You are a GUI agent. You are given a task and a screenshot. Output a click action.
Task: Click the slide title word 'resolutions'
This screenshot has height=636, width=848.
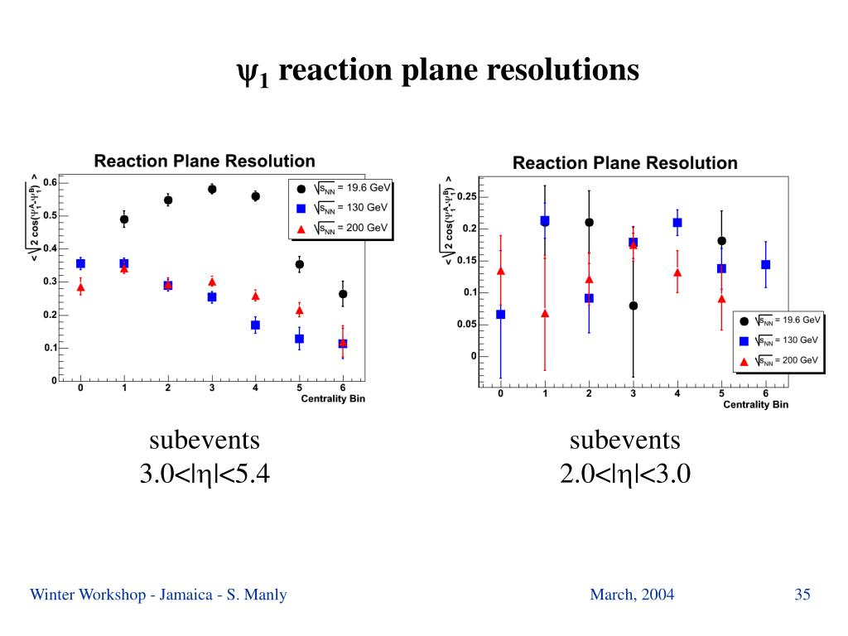(562, 70)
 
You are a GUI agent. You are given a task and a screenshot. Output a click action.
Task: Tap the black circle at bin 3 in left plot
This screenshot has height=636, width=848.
(212, 189)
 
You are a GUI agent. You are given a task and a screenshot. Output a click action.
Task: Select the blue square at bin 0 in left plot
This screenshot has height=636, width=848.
(80, 263)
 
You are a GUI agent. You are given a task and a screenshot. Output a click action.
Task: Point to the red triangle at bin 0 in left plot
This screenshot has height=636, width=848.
(80, 288)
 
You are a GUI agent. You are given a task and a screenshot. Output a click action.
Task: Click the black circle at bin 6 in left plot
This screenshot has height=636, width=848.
(343, 294)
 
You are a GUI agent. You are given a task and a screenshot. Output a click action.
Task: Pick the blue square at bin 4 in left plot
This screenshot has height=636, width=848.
(255, 325)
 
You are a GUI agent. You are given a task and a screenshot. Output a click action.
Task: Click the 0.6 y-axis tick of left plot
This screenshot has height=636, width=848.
(51, 182)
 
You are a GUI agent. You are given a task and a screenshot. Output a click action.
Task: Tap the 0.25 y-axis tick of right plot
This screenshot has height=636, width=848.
(466, 196)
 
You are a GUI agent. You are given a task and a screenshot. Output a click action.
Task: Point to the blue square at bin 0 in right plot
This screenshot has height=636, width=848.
(500, 315)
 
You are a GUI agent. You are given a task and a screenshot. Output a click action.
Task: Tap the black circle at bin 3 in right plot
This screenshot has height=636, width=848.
(634, 306)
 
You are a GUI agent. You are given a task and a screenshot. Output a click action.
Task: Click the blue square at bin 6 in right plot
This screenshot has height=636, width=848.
(765, 265)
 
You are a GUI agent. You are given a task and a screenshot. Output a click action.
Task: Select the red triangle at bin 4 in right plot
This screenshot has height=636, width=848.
(677, 272)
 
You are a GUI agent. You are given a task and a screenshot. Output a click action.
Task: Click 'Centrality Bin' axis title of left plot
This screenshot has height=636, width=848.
(332, 398)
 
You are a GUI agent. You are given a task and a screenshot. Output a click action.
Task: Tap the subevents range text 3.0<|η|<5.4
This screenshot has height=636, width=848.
(205, 475)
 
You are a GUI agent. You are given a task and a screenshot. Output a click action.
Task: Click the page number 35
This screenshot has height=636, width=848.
(802, 594)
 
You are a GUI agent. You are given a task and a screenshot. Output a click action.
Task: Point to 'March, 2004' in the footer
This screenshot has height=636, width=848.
(632, 594)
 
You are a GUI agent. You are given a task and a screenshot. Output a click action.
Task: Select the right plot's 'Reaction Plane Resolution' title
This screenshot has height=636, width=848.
(624, 163)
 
